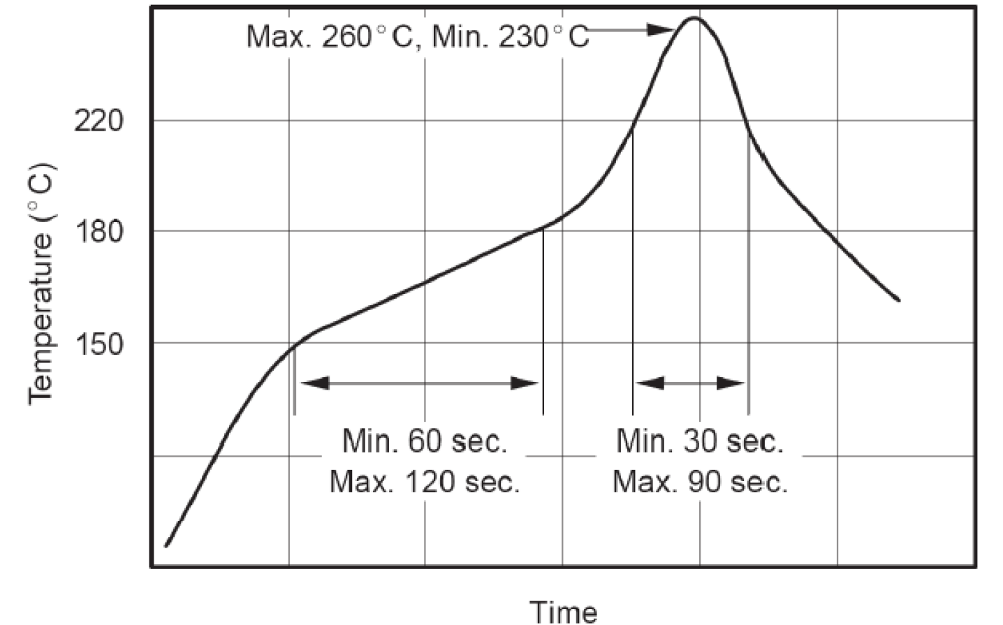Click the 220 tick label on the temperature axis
pos(98,122)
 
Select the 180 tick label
pos(98,232)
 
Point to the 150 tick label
pos(98,344)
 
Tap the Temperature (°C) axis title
pos(41,283)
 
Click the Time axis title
pos(564,612)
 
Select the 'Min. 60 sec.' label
pos(425,441)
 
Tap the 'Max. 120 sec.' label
pos(425,482)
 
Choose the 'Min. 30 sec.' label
pos(700,441)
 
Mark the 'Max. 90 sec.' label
pos(700,482)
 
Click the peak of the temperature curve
pos(694,18)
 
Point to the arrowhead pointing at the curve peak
pos(660,29)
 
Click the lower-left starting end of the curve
pos(166,545)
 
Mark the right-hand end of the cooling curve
pos(898,300)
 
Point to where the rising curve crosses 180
pos(547,228)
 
